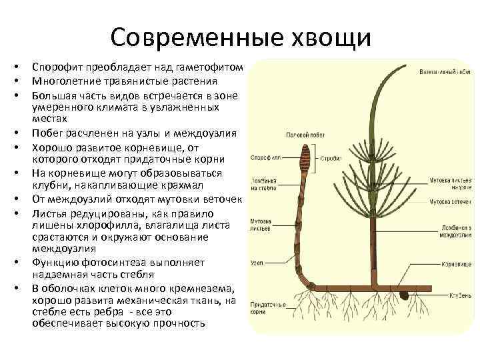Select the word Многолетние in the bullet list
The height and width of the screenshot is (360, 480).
click(65, 81)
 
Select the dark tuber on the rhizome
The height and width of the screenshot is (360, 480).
click(405, 293)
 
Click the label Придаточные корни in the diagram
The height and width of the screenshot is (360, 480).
click(265, 307)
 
